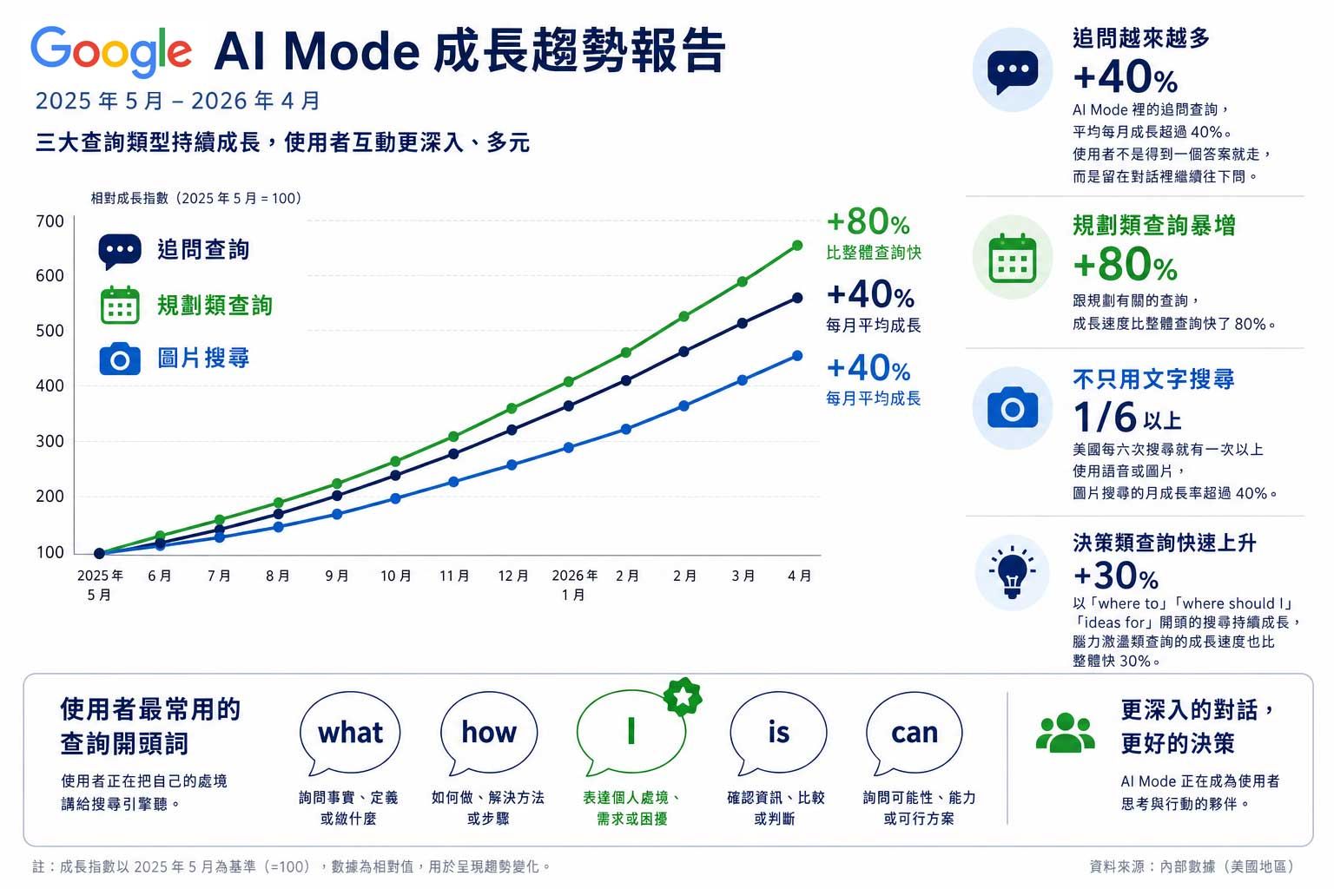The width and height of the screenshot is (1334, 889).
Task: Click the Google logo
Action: pyautogui.click(x=111, y=51)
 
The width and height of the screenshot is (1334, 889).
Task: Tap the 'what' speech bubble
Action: pyautogui.click(x=350, y=733)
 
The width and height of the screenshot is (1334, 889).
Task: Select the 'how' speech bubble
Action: pyautogui.click(x=489, y=733)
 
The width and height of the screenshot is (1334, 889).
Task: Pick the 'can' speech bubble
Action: pyautogui.click(x=915, y=733)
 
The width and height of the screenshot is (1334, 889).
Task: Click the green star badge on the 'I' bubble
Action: pyautogui.click(x=683, y=696)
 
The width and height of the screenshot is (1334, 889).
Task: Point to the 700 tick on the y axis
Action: pyautogui.click(x=50, y=221)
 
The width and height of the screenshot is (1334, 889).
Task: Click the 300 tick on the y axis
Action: pyautogui.click(x=50, y=441)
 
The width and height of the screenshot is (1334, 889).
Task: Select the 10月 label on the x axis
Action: pyautogui.click(x=396, y=576)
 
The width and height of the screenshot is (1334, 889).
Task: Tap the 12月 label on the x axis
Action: pyautogui.click(x=513, y=576)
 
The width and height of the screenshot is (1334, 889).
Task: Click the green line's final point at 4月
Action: pyautogui.click(x=797, y=246)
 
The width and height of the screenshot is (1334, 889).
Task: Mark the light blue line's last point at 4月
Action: pyautogui.click(x=797, y=355)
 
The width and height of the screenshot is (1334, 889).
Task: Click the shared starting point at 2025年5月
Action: pyautogui.click(x=100, y=553)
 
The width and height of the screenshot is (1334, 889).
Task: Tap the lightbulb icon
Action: pyautogui.click(x=1012, y=572)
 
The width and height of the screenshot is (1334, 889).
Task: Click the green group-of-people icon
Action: pyautogui.click(x=1065, y=732)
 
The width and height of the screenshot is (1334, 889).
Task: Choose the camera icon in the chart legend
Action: pyautogui.click(x=120, y=359)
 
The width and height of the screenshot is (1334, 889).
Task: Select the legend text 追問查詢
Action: pyautogui.click(x=203, y=249)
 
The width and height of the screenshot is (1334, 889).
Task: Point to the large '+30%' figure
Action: pyautogui.click(x=1115, y=576)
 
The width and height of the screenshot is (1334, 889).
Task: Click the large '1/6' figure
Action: pyautogui.click(x=1105, y=416)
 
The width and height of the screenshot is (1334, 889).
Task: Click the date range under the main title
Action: pyautogui.click(x=177, y=102)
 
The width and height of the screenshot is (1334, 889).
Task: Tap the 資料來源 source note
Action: pyautogui.click(x=1192, y=866)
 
